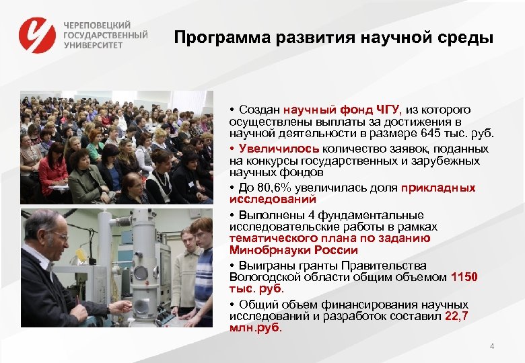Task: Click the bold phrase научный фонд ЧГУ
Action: pyautogui.click(x=341, y=110)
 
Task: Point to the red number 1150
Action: pyautogui.click(x=464, y=276)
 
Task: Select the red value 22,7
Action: pyautogui.click(x=456, y=316)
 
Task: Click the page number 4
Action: pyautogui.click(x=492, y=346)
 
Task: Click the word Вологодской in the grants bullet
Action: pyautogui.click(x=262, y=276)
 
